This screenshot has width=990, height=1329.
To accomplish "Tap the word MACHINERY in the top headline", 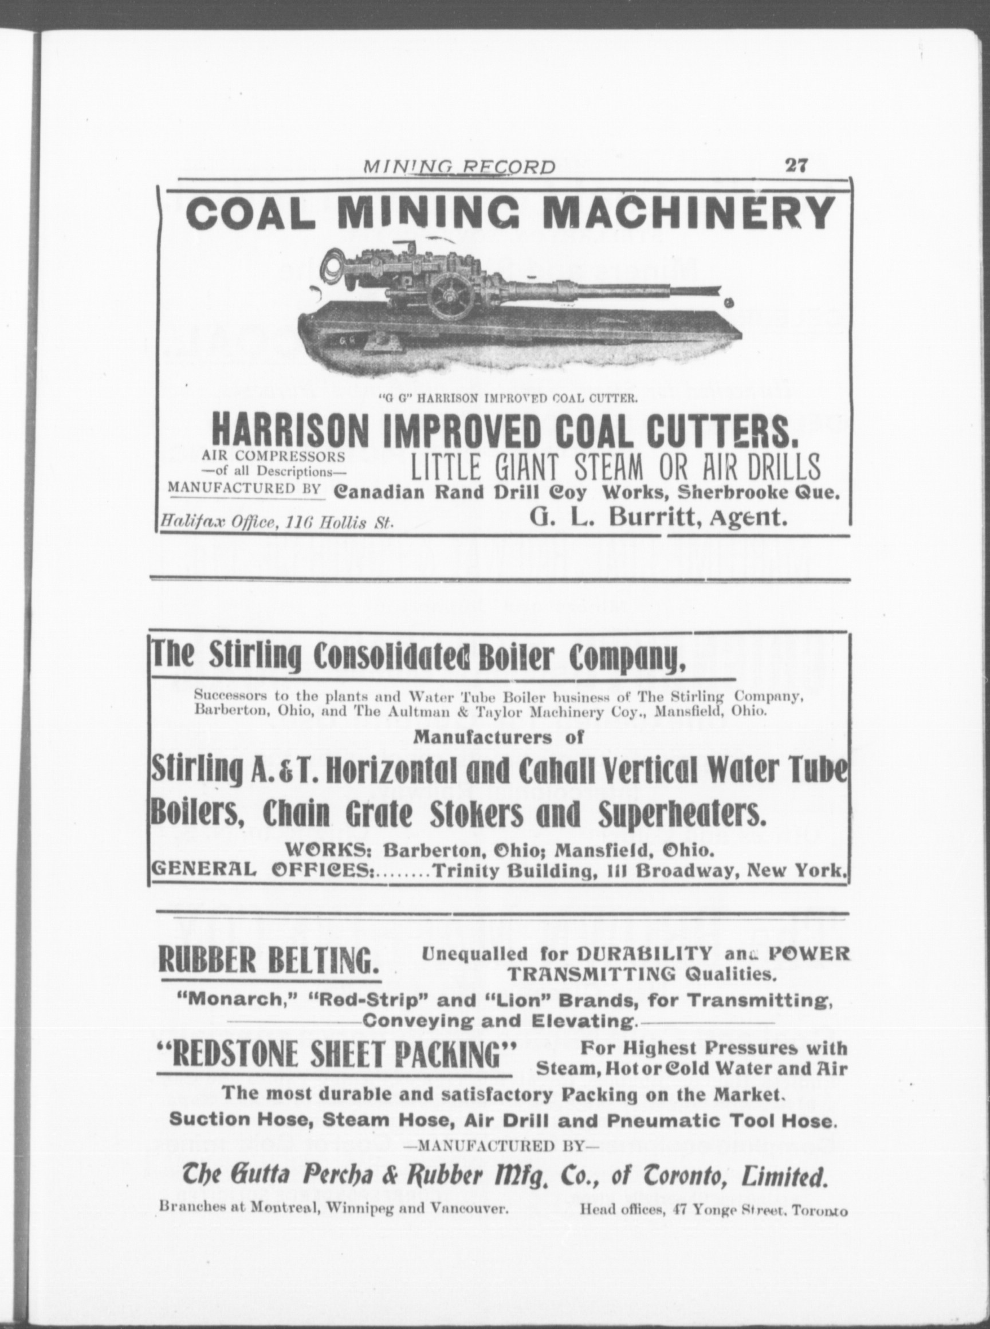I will click(x=692, y=213).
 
